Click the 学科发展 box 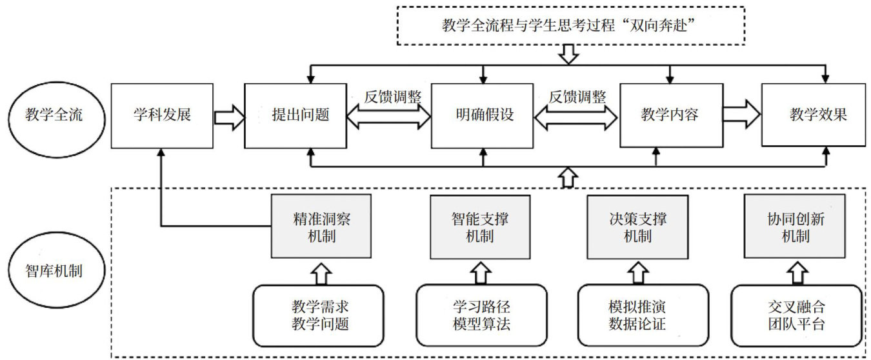click(x=163, y=116)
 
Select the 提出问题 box click(x=301, y=116)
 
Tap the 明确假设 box click(x=482, y=116)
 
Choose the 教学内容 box click(x=669, y=116)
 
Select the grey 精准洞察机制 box click(x=321, y=227)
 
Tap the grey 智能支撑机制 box click(x=479, y=227)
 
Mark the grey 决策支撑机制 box click(x=636, y=227)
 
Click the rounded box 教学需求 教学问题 click(x=320, y=315)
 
